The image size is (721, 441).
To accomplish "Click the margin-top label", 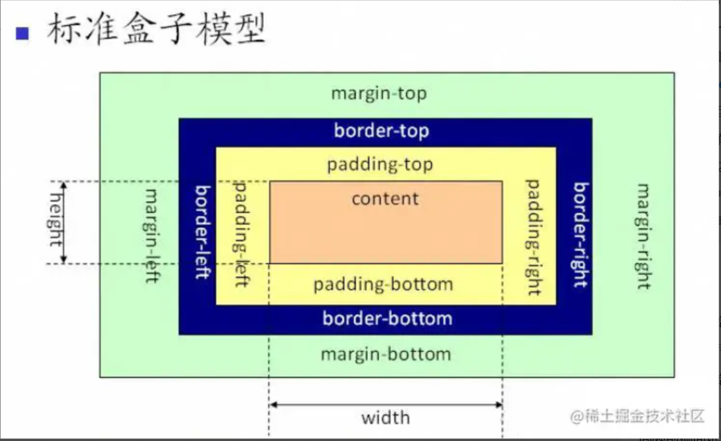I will pos(379,94).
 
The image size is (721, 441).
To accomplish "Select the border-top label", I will pos(381,132).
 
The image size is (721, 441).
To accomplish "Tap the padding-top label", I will pos(380,164).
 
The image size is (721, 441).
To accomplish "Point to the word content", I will pos(385,198).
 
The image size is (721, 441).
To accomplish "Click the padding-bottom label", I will pos(383,284).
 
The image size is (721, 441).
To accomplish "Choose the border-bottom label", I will pos(387,318).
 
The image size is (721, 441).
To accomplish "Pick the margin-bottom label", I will pos(386,354).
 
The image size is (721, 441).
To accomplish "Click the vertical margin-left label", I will pos(153,236).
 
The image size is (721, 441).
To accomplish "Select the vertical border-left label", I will pos(203,232).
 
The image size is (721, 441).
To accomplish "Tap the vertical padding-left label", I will pos(241,234).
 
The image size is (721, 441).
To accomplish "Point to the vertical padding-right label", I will pos(533,237).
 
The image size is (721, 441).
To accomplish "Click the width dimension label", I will pos(385,419).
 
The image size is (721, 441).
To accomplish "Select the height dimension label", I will pos(55,222).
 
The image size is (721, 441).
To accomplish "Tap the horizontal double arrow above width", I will pos(386,404).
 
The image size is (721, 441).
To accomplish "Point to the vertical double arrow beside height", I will pos(64,222).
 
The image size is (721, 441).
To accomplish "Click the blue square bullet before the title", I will pos(22,33).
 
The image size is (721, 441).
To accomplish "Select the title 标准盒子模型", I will pos(156,30).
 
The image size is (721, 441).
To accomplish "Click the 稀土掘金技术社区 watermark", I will pos(639,416).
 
